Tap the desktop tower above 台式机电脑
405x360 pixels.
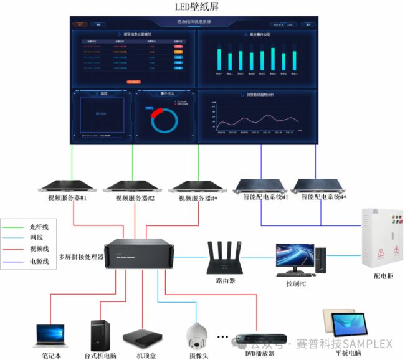(100, 336)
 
